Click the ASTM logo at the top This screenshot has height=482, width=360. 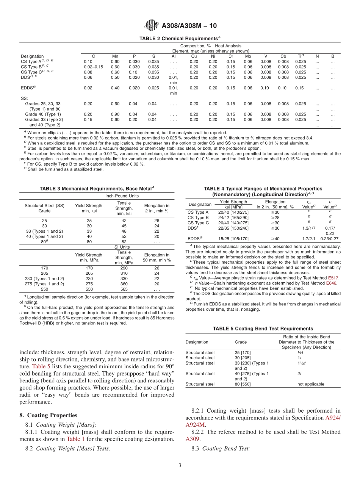pos(152,25)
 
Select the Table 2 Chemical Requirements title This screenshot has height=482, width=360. pos(180,39)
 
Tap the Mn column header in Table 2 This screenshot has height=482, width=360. pos(115,56)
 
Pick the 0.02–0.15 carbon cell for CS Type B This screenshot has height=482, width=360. pos(94,67)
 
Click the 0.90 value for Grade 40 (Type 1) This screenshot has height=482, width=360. pos(115,114)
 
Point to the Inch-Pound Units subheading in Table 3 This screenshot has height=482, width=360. pos(122,196)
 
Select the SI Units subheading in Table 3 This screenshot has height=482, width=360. pos(122,247)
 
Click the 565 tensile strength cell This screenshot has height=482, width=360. pos(124,289)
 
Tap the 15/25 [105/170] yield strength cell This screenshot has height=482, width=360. pos(233,239)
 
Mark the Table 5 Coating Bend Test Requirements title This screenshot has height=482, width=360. pos(263,329)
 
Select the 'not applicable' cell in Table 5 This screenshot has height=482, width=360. pos(311,384)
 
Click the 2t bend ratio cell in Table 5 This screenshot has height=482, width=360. pos(299,374)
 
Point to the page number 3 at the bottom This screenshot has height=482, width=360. pos(180,466)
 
